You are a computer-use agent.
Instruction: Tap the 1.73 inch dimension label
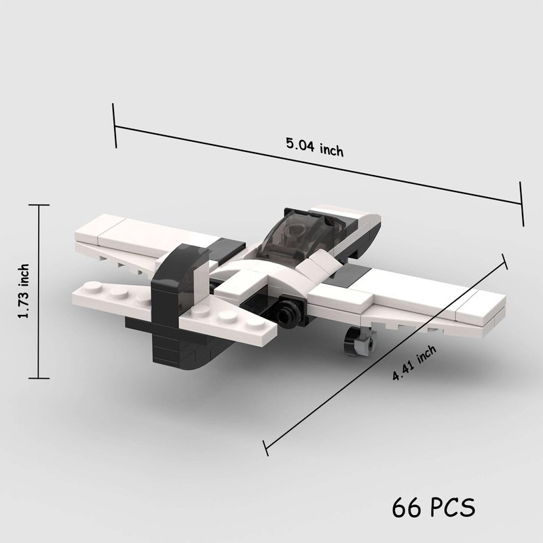click(x=24, y=291)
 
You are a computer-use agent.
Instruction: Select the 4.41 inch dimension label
click(x=414, y=362)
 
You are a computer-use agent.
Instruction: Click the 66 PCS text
click(x=433, y=508)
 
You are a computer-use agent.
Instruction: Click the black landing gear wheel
click(x=352, y=341)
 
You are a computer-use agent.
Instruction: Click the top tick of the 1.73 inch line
click(x=39, y=205)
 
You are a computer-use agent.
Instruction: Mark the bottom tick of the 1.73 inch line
click(x=39, y=378)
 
